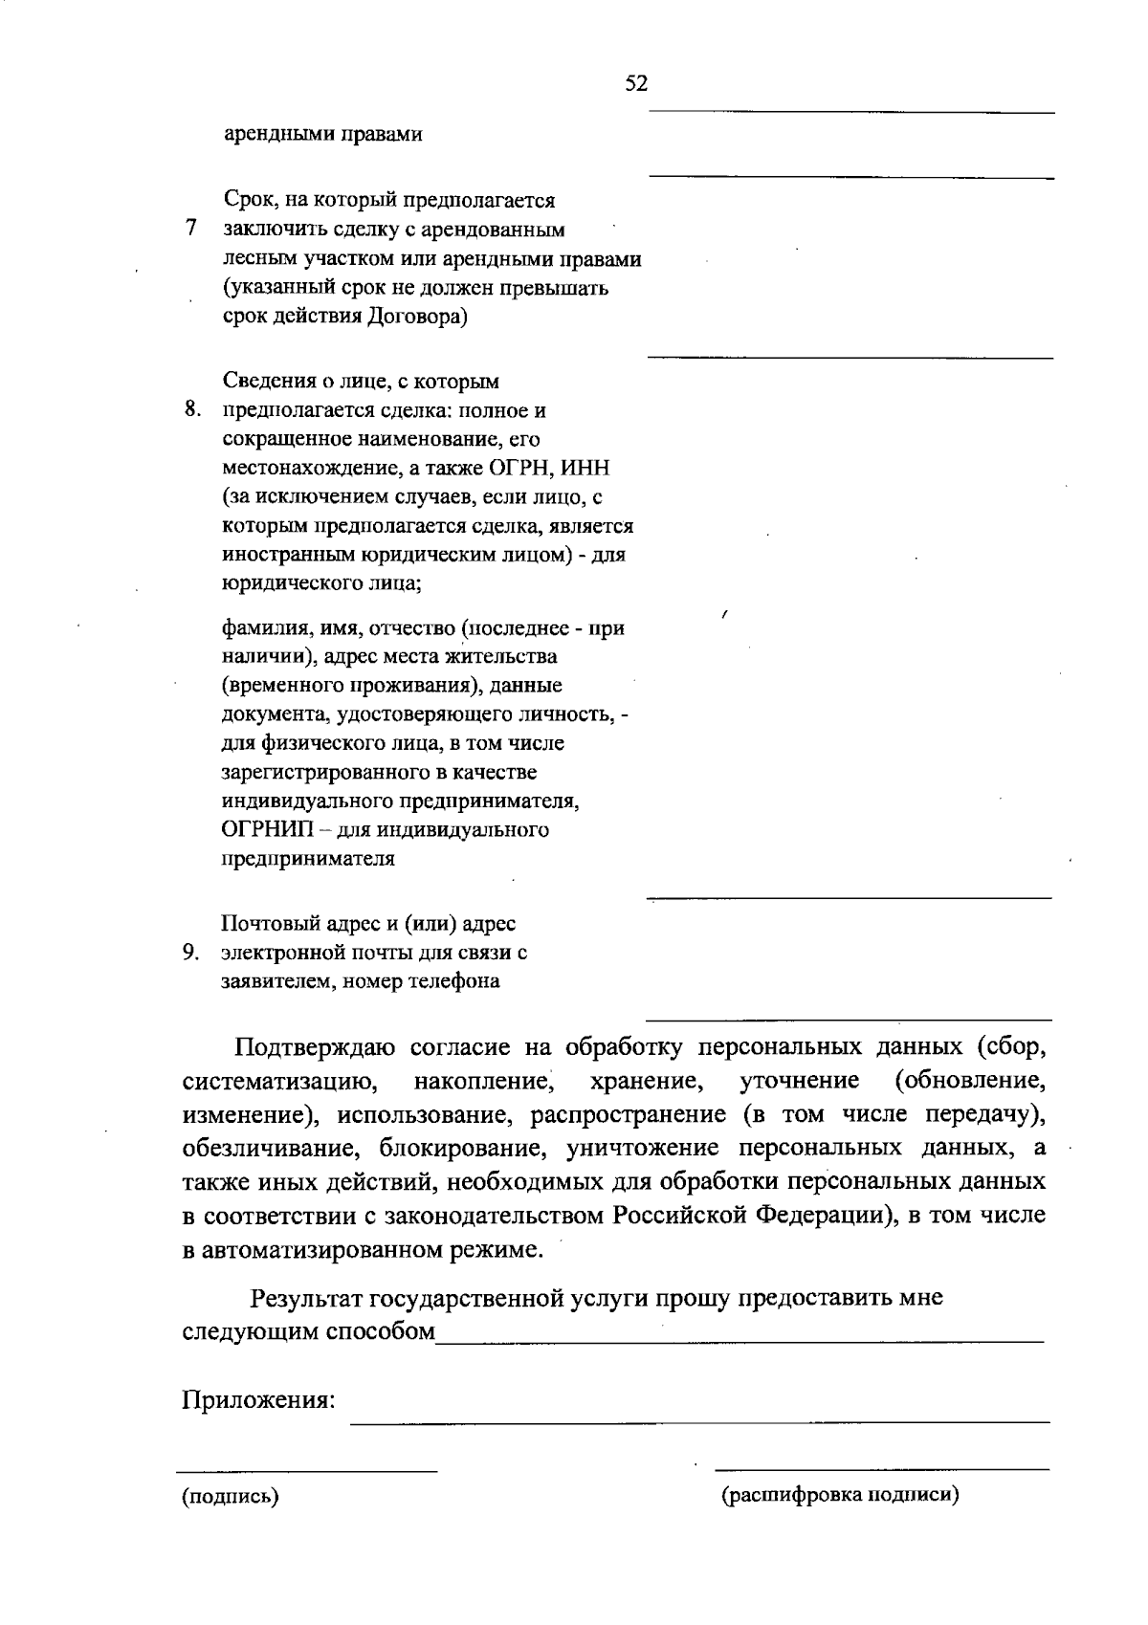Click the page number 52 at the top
pos(636,84)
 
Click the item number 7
pos(191,229)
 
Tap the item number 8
pos(192,409)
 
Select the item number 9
pos(190,952)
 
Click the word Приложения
pos(258,1400)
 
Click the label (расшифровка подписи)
pos(840,1495)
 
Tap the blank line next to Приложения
pos(699,1422)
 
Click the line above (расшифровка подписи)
pos(881,1468)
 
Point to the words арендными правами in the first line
pos(322,134)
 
